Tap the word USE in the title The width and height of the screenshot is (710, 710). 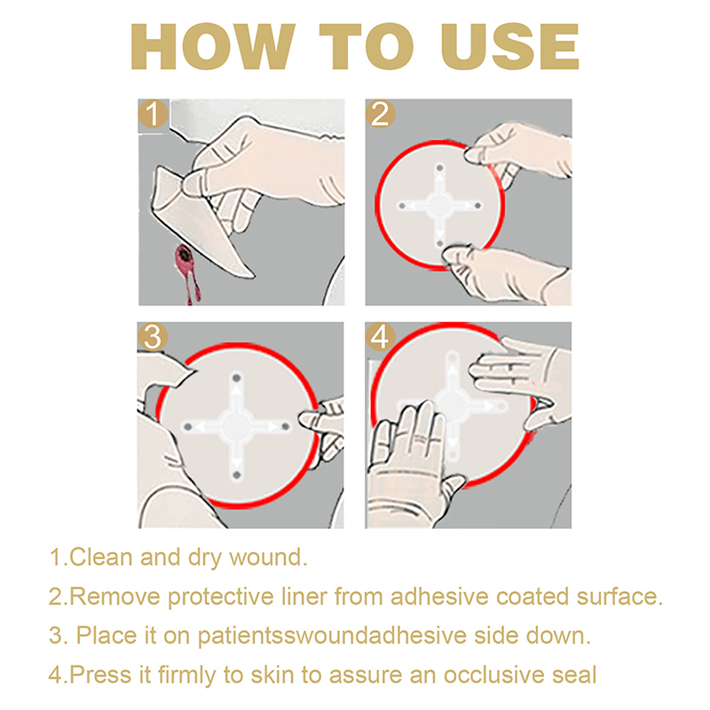point(511,47)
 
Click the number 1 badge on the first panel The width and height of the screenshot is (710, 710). point(154,114)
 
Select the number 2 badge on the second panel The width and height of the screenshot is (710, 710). point(381,114)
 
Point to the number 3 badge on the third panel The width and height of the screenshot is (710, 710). point(153,337)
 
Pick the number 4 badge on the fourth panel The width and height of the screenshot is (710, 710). point(380,337)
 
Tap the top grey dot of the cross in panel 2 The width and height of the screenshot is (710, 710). point(439,168)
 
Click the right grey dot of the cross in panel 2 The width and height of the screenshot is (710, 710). point(477,206)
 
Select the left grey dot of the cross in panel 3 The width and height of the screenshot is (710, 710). point(187,427)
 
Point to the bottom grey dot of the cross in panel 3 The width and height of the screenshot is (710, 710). point(236,475)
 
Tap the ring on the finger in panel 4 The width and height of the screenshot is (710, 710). point(421,438)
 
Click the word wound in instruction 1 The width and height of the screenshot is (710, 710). point(268,557)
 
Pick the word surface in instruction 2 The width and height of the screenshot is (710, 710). point(619,597)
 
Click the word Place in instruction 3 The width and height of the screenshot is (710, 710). point(106,635)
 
